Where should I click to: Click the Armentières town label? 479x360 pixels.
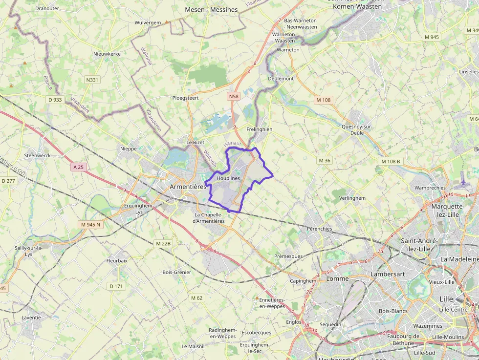click(188, 187)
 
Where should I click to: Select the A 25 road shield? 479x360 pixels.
click(78, 167)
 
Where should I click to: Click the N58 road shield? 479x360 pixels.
click(234, 97)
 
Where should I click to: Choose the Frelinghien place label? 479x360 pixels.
click(259, 129)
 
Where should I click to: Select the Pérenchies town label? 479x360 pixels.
click(319, 229)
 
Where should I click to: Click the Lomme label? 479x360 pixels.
click(337, 278)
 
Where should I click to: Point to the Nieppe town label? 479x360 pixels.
click(129, 148)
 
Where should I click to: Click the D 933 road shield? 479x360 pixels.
click(55, 100)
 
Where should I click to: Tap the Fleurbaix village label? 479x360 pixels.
click(117, 261)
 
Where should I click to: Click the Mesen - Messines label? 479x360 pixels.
click(211, 10)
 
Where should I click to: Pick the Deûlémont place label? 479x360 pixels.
click(281, 78)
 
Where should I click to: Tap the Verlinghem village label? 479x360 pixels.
click(352, 198)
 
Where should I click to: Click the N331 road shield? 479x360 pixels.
click(92, 80)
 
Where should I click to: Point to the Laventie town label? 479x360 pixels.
click(31, 317)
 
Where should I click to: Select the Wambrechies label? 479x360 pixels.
click(430, 188)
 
